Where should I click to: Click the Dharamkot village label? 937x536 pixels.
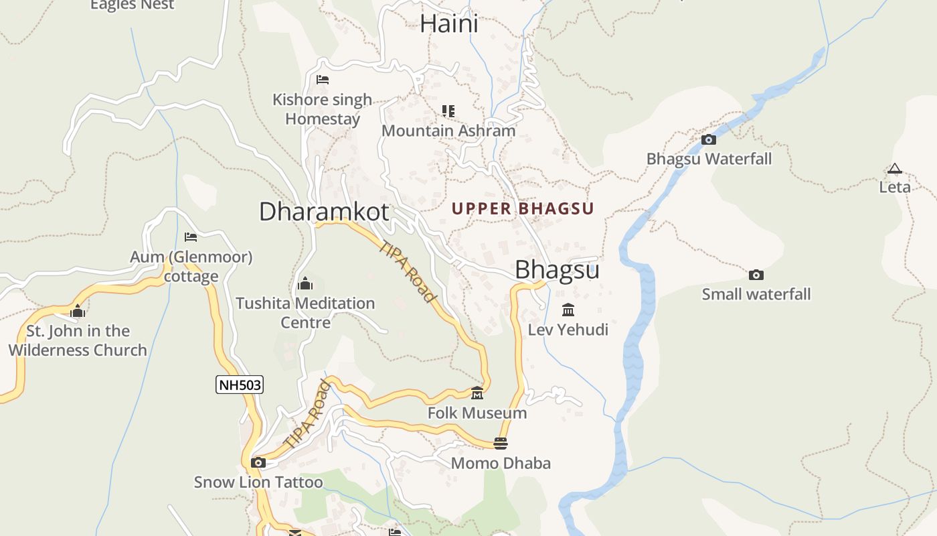(x=323, y=212)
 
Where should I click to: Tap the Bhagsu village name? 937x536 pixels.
(x=557, y=270)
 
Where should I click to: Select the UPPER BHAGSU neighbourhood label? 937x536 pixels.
(x=523, y=208)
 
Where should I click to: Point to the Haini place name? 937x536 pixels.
(x=448, y=24)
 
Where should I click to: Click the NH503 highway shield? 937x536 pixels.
(x=239, y=385)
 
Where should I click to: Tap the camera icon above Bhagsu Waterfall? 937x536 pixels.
(x=708, y=140)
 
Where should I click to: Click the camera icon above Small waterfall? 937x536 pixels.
(x=756, y=275)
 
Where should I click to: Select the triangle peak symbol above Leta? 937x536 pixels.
(x=894, y=169)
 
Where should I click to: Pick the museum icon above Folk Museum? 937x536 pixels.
(x=477, y=393)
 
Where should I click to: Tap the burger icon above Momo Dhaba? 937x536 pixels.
(x=500, y=444)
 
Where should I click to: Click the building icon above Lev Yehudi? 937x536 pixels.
(x=568, y=310)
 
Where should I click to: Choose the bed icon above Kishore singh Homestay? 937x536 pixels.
(x=323, y=80)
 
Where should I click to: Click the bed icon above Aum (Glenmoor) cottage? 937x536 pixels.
(x=191, y=237)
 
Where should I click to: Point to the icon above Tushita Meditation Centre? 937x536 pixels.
(x=305, y=283)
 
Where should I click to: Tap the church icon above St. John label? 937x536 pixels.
(x=78, y=311)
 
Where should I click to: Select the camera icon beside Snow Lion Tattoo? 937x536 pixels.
(x=258, y=462)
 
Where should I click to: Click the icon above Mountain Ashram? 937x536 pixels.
(x=448, y=111)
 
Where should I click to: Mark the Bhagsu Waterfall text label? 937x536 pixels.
(x=709, y=159)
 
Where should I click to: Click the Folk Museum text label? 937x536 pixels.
(x=477, y=413)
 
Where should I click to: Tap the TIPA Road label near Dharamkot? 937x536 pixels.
(x=408, y=271)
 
